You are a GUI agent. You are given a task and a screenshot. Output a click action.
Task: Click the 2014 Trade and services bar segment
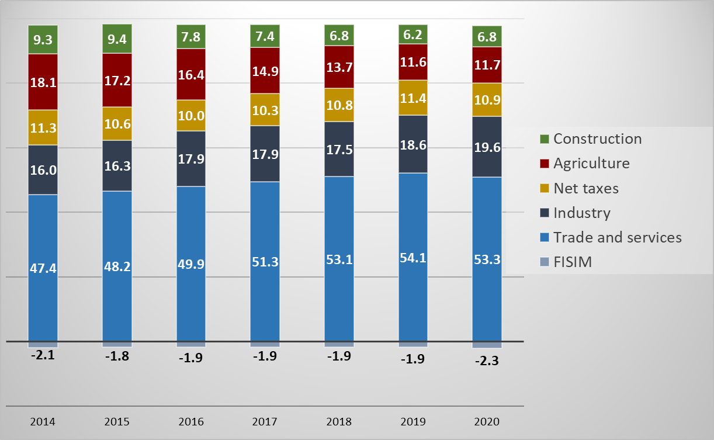43,268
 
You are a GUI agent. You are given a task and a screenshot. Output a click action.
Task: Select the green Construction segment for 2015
117,39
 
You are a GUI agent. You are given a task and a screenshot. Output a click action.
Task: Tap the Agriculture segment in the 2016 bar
191,74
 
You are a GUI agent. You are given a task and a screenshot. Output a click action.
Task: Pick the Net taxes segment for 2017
265,110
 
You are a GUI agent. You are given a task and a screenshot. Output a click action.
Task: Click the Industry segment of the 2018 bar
339,149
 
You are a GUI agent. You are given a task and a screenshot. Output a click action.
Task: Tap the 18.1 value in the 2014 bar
43,82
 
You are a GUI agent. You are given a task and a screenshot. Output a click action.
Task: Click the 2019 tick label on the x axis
413,422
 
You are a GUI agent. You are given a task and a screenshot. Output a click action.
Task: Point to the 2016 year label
191,422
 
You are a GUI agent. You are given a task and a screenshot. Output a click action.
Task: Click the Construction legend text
597,139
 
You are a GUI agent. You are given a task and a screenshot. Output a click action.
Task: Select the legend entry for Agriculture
591,164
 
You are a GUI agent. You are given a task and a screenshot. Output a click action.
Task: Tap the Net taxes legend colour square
545,189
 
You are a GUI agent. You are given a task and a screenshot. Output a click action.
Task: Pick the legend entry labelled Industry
581,213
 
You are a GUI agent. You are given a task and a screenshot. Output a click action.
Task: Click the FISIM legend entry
573,262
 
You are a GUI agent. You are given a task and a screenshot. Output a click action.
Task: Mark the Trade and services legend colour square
545,238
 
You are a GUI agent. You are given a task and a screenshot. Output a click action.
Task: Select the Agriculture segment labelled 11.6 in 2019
413,62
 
